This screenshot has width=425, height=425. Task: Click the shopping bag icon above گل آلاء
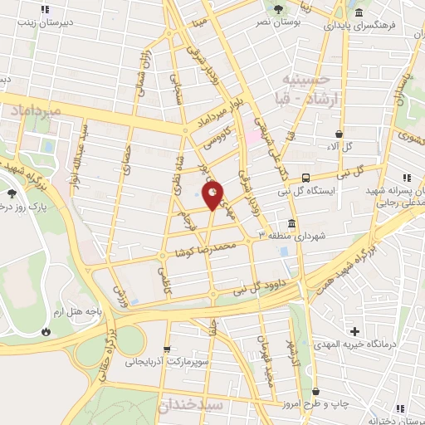click(339, 134)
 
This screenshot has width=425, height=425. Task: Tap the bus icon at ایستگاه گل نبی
click(306, 178)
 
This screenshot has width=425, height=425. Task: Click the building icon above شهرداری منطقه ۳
click(292, 224)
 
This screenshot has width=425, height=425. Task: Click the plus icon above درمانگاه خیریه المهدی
click(355, 332)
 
